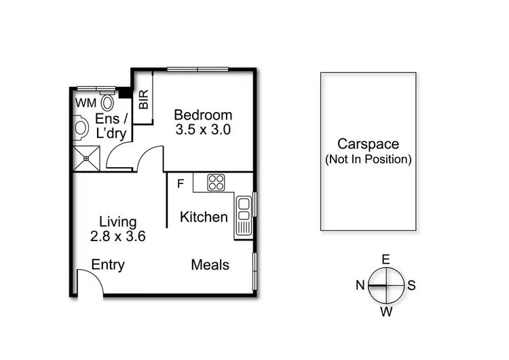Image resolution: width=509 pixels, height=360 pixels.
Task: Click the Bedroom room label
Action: (x=203, y=115)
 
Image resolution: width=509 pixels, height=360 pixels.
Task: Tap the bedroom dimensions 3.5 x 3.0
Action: (x=203, y=130)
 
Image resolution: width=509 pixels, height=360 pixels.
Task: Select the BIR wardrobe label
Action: (x=143, y=101)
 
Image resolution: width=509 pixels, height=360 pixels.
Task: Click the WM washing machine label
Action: (x=86, y=103)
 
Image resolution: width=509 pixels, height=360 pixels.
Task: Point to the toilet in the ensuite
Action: (x=107, y=103)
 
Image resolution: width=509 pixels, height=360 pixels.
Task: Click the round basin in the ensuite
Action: (x=80, y=128)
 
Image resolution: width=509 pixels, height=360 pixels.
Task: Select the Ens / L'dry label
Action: (x=111, y=126)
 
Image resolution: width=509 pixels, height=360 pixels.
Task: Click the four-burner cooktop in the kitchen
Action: (x=216, y=182)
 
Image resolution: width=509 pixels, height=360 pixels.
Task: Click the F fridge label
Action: (x=180, y=183)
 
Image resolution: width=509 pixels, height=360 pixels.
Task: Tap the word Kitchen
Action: (x=204, y=217)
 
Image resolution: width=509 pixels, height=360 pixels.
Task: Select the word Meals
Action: (x=210, y=265)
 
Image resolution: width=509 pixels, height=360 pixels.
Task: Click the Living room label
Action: (x=118, y=221)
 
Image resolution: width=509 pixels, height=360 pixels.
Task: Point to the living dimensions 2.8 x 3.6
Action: (x=118, y=236)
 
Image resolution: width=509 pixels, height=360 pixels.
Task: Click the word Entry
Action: (x=108, y=265)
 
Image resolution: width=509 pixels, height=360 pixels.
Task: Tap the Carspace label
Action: (x=369, y=144)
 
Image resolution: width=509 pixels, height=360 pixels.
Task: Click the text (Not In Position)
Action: (x=369, y=160)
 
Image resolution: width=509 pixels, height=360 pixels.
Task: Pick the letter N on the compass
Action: (x=360, y=285)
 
